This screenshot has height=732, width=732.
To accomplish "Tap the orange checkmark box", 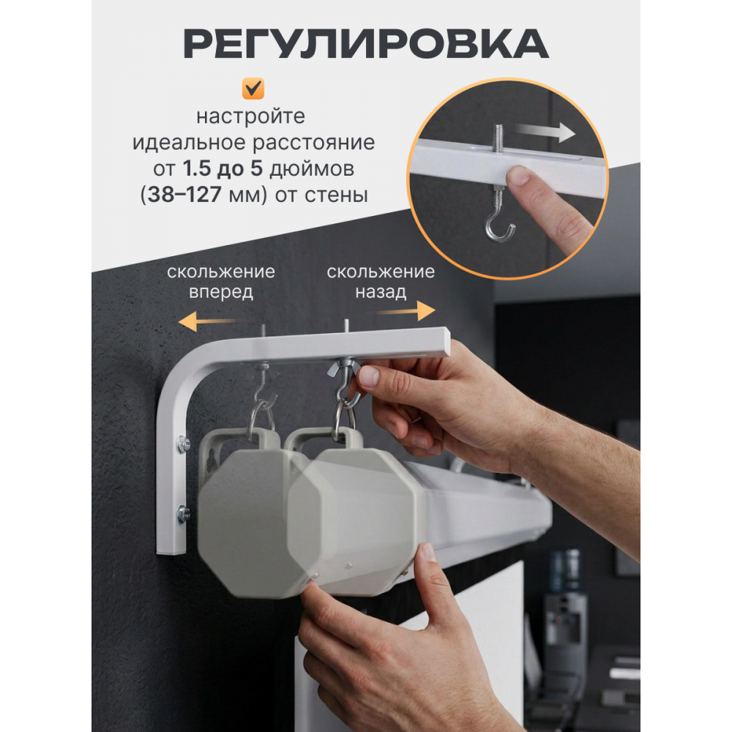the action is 253,89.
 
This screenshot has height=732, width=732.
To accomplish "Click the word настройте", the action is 250,116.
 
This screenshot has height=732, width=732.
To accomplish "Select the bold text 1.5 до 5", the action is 223,168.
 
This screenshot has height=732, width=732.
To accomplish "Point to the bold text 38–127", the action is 184,195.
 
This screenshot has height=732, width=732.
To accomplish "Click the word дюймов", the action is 312,170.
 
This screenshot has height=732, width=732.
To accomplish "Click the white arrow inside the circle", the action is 546,132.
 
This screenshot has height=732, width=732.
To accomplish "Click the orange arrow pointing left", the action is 208,321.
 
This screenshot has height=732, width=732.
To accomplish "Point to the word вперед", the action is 221,292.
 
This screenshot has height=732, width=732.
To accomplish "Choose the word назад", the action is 381,292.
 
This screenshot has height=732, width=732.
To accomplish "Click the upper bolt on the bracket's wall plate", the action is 183,444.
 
